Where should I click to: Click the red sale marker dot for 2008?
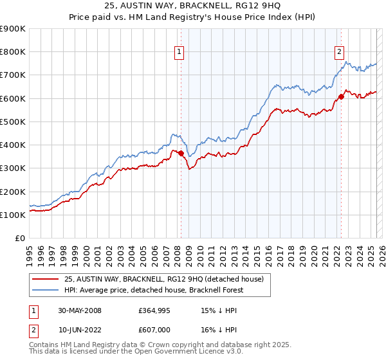[x=181, y=153]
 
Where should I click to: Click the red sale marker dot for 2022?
[x=341, y=97]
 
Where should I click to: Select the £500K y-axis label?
[x=13, y=122]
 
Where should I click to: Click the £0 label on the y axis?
[x=19, y=238]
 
